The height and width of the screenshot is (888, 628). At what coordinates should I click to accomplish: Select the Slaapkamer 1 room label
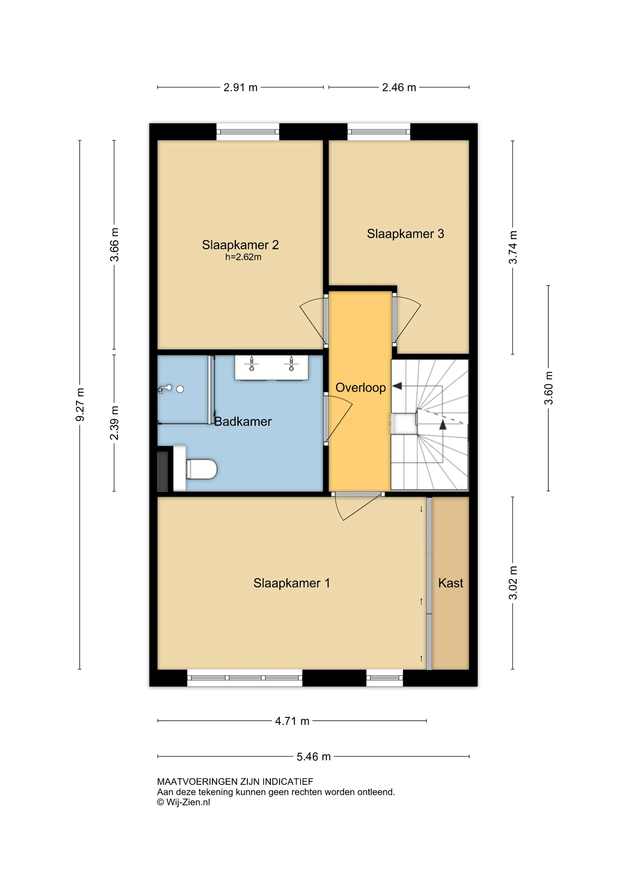click(x=292, y=583)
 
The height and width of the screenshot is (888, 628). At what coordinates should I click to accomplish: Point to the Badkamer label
click(x=243, y=421)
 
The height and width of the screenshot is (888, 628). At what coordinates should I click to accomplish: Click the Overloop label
click(x=360, y=387)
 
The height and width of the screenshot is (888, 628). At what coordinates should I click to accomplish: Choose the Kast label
click(x=450, y=583)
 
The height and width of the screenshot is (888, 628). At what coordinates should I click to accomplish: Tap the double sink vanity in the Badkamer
click(x=271, y=368)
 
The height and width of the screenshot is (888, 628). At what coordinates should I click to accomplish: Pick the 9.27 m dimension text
click(x=80, y=405)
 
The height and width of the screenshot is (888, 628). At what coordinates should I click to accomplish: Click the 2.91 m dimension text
click(x=241, y=87)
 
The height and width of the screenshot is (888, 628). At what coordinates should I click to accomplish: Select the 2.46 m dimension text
click(x=399, y=87)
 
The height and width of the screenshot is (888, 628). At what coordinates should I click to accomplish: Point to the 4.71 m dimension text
click(x=292, y=721)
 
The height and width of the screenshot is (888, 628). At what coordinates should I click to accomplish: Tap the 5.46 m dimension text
click(x=314, y=757)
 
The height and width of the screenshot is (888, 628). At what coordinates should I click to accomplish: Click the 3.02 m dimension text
click(x=513, y=583)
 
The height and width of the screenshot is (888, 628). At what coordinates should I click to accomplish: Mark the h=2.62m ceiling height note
click(x=243, y=257)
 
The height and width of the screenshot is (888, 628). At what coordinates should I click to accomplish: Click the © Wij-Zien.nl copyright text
click(x=183, y=802)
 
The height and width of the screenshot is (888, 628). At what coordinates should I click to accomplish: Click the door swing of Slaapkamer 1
click(x=358, y=507)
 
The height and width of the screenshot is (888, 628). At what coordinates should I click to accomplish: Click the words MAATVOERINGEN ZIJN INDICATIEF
click(x=235, y=782)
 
